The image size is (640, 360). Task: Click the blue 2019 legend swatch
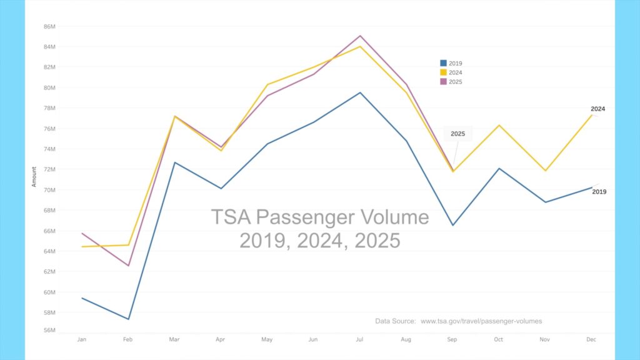(x=443, y=63)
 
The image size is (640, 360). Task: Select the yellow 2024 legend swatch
(x=443, y=72)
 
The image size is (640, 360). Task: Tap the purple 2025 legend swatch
(x=443, y=82)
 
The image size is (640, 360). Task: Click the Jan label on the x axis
(x=81, y=339)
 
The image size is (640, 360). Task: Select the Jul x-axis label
(x=359, y=339)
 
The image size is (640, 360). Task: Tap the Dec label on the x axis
(x=591, y=339)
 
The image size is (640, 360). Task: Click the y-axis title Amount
(x=34, y=176)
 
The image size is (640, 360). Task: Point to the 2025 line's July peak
(x=360, y=36)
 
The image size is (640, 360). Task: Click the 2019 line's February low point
(x=128, y=319)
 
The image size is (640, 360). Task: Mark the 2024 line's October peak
(x=499, y=125)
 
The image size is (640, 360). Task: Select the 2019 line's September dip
(x=452, y=225)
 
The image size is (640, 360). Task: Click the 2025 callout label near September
(x=457, y=134)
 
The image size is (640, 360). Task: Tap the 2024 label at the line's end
(x=597, y=109)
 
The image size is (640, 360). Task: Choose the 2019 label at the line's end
(x=599, y=192)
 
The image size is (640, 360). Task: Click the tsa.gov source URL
(x=481, y=321)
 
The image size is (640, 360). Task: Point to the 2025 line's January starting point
(x=82, y=233)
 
